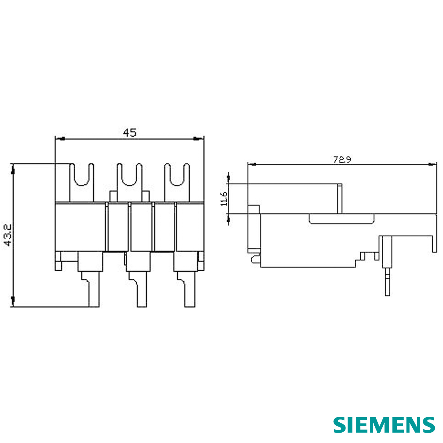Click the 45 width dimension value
pyautogui.click(x=130, y=132)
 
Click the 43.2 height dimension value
pyautogui.click(x=8, y=234)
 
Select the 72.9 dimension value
pyautogui.click(x=342, y=159)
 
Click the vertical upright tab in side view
pyautogui.click(x=340, y=198)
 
